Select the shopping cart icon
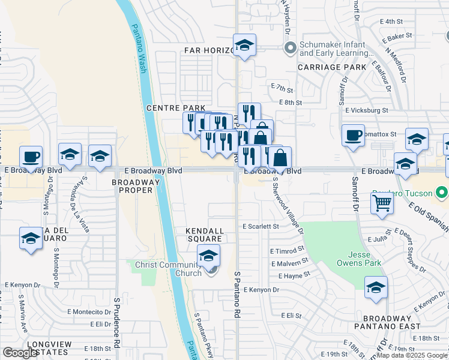pyautogui.click(x=382, y=205)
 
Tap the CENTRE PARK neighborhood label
pyautogui.click(x=172, y=107)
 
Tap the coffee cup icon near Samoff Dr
pyautogui.click(x=353, y=135)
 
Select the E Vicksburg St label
pyautogui.click(x=367, y=110)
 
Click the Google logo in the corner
pyautogui.click(x=20, y=353)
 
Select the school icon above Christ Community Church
pyautogui.click(x=208, y=256)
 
